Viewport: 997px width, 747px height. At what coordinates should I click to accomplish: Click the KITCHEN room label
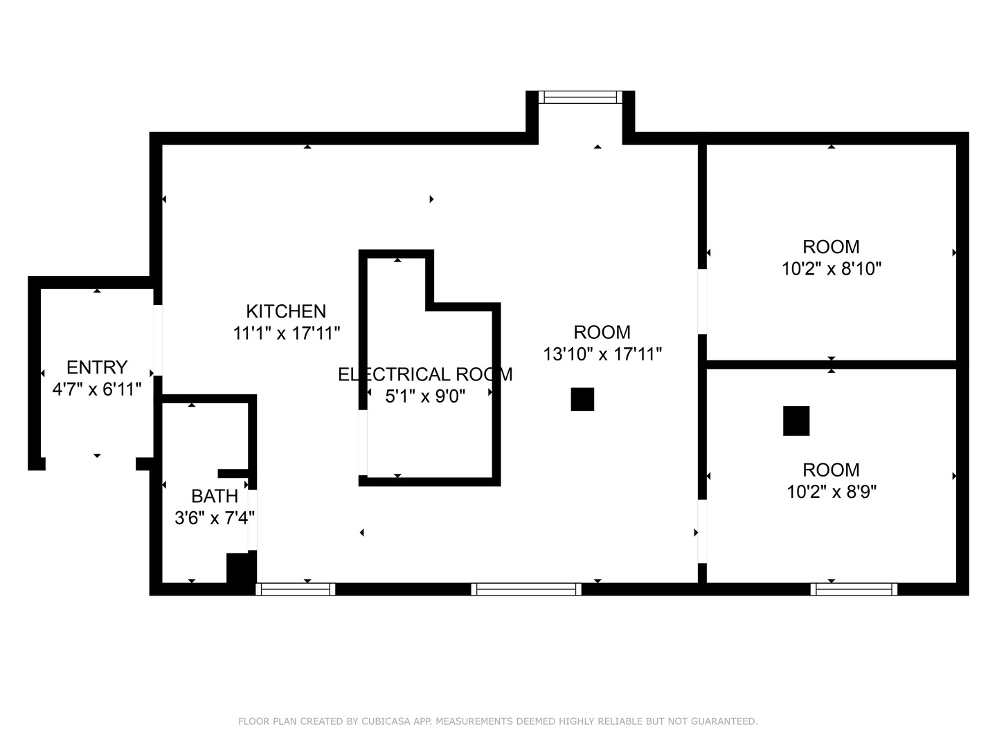tap(286, 311)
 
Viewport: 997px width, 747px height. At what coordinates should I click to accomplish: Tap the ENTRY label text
tap(97, 367)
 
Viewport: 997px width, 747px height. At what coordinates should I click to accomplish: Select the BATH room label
tap(215, 496)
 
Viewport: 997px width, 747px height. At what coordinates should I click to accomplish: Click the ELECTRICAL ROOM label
tap(424, 374)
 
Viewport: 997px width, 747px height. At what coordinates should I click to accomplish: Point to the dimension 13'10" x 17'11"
tap(602, 354)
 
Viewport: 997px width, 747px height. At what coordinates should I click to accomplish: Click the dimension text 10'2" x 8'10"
tap(831, 268)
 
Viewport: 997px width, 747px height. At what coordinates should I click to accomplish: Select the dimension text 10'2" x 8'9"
tap(831, 492)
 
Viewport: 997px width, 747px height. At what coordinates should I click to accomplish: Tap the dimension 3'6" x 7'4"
tap(215, 517)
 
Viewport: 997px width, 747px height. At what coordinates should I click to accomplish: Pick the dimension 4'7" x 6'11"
tap(97, 389)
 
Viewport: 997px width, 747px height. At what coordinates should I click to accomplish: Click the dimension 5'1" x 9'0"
tap(424, 396)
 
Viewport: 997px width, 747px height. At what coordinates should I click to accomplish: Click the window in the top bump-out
tap(580, 98)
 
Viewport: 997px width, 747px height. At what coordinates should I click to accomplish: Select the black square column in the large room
tap(582, 399)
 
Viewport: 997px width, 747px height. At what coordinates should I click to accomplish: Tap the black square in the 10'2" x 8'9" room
tap(796, 421)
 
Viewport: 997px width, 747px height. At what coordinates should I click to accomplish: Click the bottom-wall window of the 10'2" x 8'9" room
tap(854, 589)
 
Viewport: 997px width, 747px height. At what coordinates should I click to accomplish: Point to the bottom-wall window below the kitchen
tap(296, 589)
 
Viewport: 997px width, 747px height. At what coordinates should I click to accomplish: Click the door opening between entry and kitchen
tap(158, 340)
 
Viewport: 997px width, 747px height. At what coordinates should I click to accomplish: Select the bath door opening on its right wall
tap(253, 519)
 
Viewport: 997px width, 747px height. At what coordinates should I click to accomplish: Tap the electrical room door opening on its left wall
tap(363, 443)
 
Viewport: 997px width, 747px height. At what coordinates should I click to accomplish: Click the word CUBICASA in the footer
tap(383, 721)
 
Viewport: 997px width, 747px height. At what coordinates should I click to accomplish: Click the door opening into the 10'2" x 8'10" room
tap(702, 301)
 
